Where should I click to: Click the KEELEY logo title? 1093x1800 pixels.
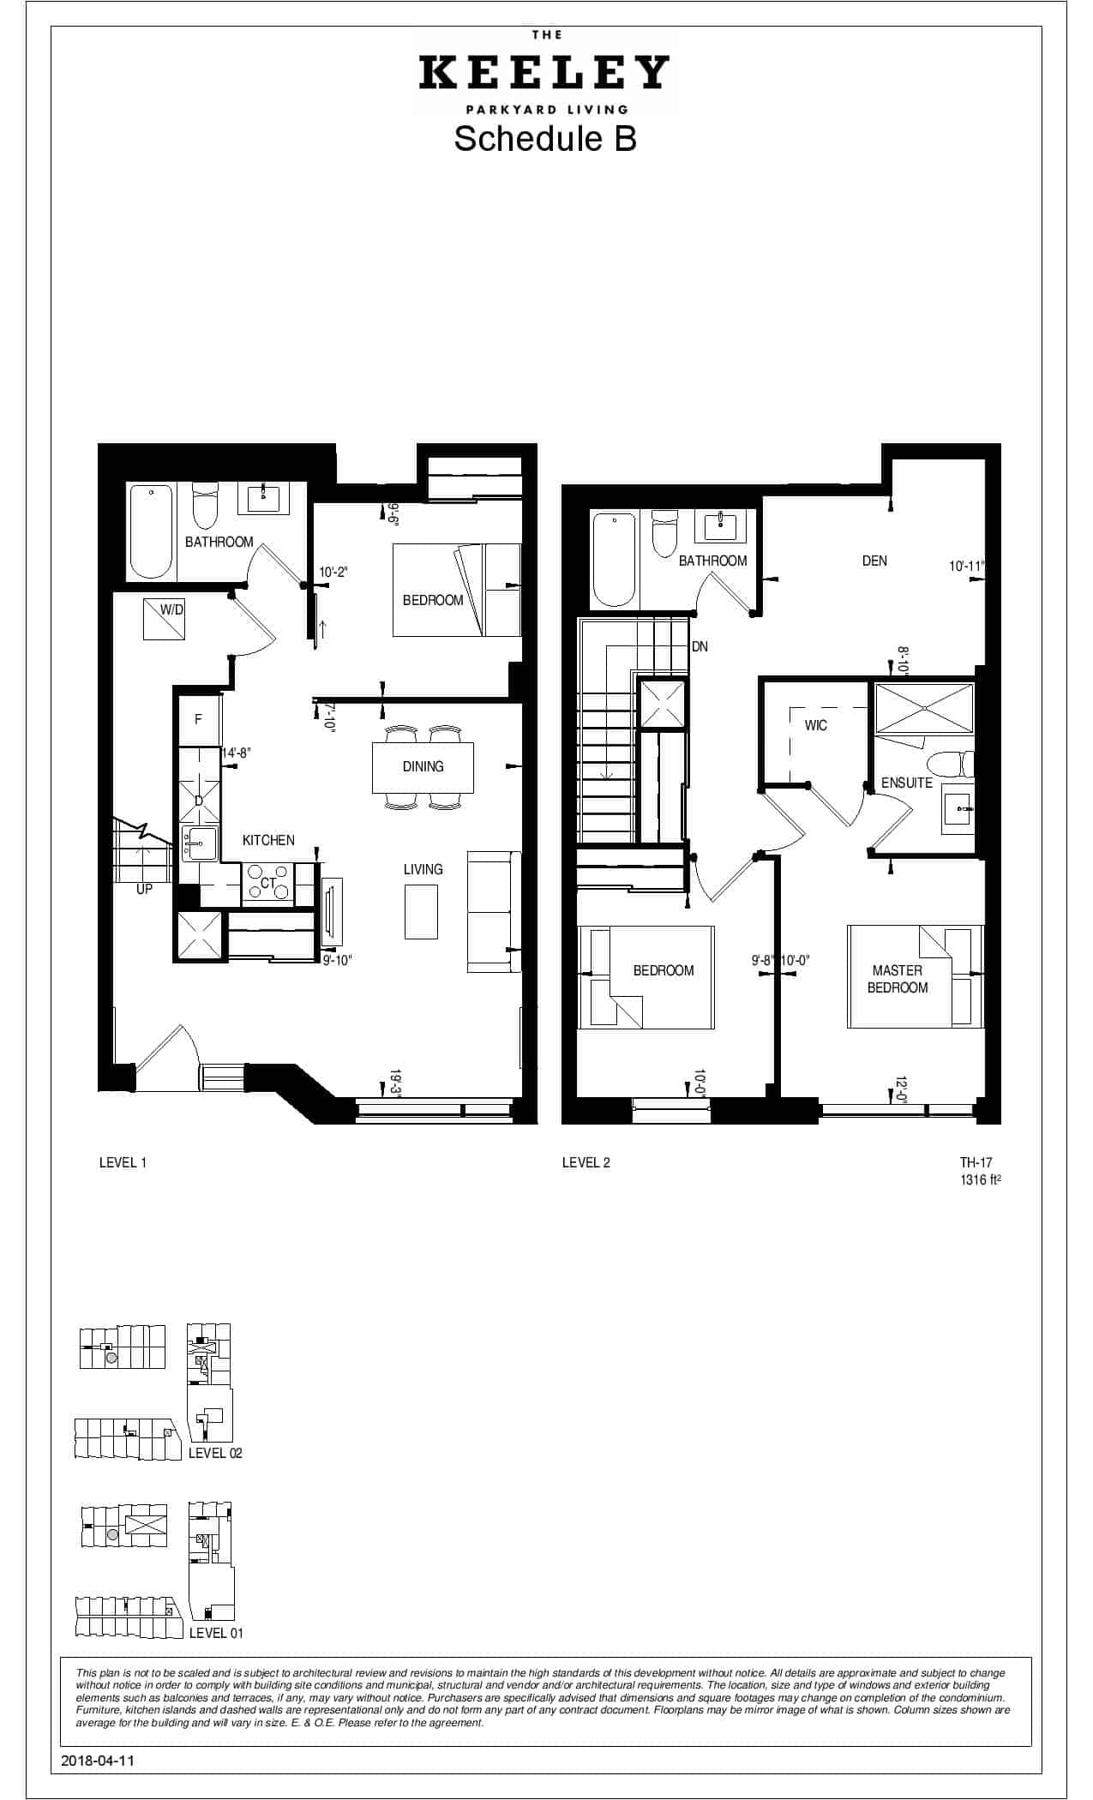click(544, 73)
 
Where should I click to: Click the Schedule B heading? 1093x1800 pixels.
click(545, 138)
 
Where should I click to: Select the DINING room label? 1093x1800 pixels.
click(423, 766)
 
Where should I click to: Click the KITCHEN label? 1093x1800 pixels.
click(268, 840)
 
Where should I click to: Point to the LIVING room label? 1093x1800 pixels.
click(423, 869)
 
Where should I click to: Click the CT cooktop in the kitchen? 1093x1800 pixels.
click(268, 883)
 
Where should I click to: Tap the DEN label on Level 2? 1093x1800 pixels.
click(874, 561)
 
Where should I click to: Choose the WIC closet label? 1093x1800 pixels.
click(816, 725)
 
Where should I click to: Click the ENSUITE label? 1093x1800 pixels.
click(907, 783)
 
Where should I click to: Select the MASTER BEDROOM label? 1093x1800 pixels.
click(898, 979)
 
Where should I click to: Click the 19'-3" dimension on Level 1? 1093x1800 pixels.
click(396, 1082)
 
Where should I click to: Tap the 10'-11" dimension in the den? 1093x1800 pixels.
click(967, 567)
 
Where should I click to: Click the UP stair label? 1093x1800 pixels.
click(144, 890)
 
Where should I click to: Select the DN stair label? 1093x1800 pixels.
click(700, 646)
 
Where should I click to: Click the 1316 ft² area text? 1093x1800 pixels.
click(981, 1179)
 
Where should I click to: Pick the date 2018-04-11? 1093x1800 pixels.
click(99, 1761)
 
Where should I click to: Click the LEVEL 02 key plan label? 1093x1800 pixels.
click(215, 1453)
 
